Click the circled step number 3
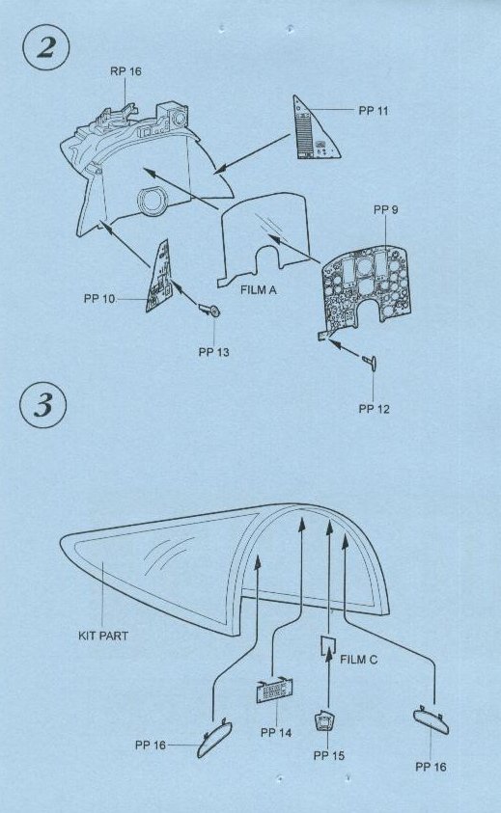click(x=43, y=405)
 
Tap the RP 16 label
click(x=125, y=71)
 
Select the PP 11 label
click(x=374, y=111)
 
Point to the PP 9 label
click(x=386, y=209)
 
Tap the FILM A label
click(x=259, y=290)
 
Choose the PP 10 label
click(x=99, y=299)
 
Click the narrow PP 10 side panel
click(x=157, y=278)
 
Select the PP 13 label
click(x=213, y=353)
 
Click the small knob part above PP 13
click(x=210, y=312)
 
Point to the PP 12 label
click(x=374, y=409)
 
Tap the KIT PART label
click(x=103, y=636)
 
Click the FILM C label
click(x=359, y=660)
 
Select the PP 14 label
click(x=276, y=733)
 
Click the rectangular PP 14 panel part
click(x=273, y=691)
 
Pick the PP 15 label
click(x=328, y=755)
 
